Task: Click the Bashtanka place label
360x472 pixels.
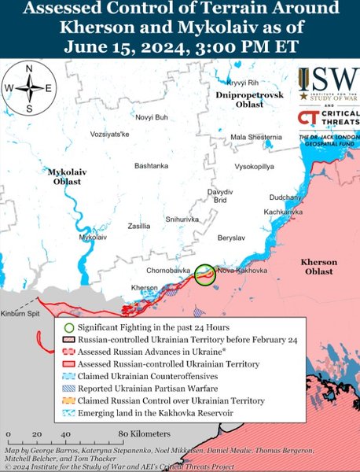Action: coord(151,166)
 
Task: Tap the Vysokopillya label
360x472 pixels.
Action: coord(254,168)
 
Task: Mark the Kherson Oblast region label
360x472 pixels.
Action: coord(318,267)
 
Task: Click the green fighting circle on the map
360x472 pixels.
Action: coord(205,275)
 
